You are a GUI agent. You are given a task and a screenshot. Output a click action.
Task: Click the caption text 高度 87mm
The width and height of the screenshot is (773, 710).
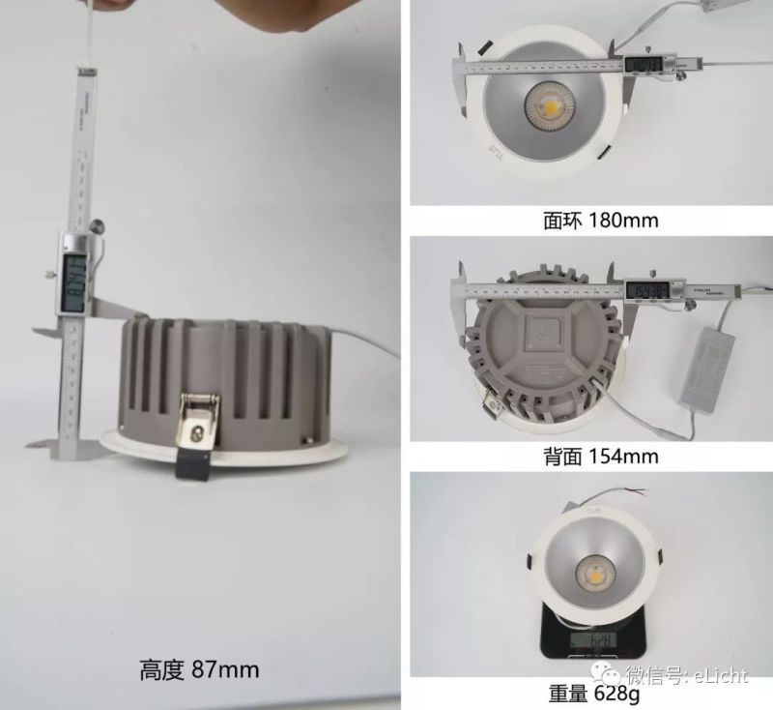pos(199,666)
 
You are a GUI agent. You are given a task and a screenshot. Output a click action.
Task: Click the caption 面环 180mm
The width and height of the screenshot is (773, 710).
pos(600,220)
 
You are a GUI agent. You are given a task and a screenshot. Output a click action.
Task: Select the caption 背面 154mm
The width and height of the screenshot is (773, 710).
pos(600,455)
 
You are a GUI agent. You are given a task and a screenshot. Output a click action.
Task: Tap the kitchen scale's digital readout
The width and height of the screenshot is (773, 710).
pos(590,640)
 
